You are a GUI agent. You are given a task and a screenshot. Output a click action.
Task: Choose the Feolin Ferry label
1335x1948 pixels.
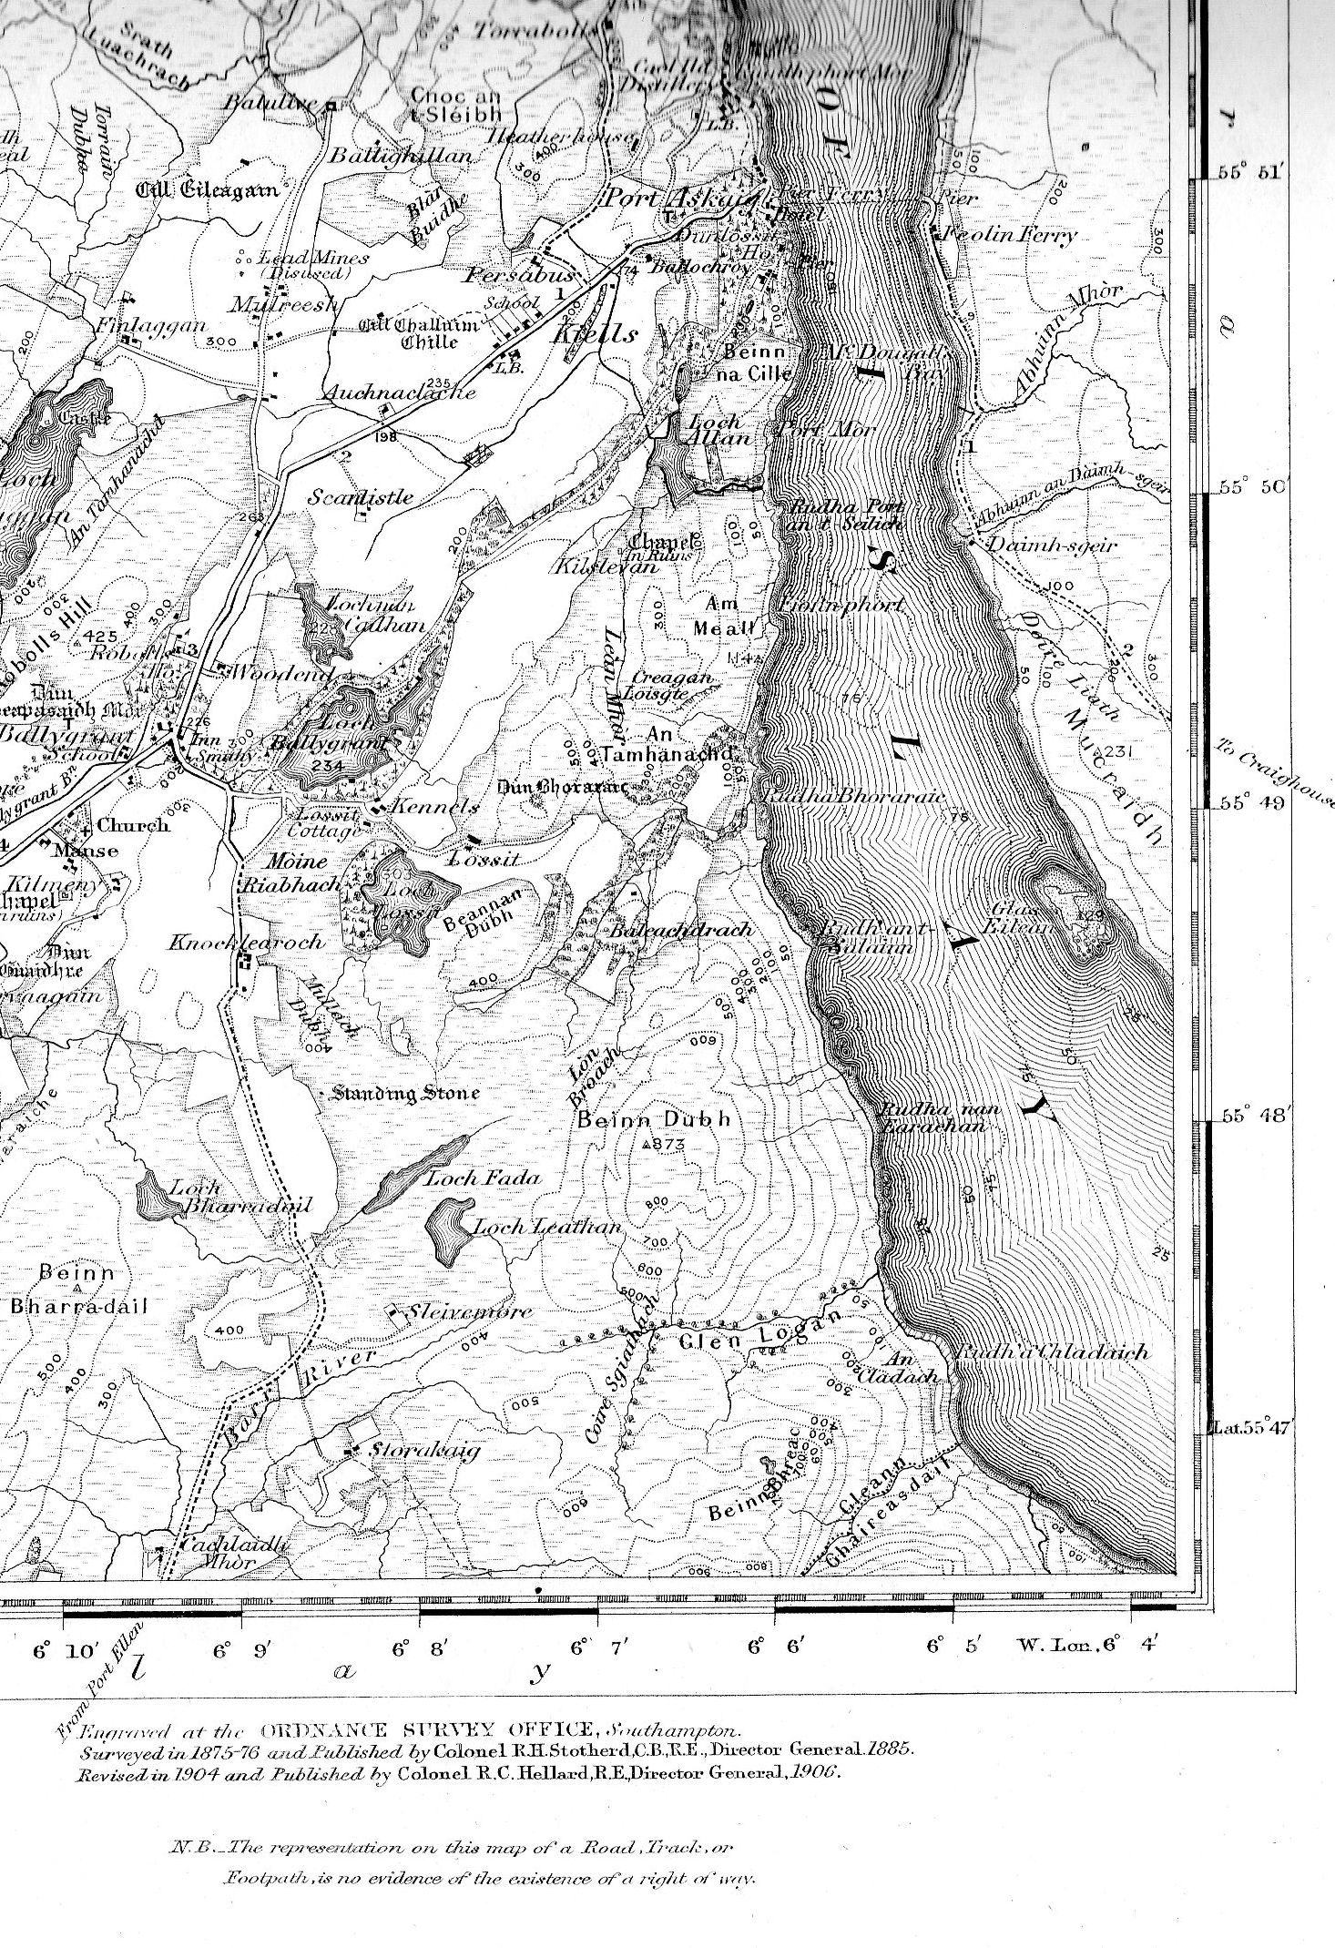(1009, 234)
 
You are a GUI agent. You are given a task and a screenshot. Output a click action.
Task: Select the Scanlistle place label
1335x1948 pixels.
(360, 497)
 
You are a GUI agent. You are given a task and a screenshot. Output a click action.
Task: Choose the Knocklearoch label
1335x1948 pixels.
(245, 942)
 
